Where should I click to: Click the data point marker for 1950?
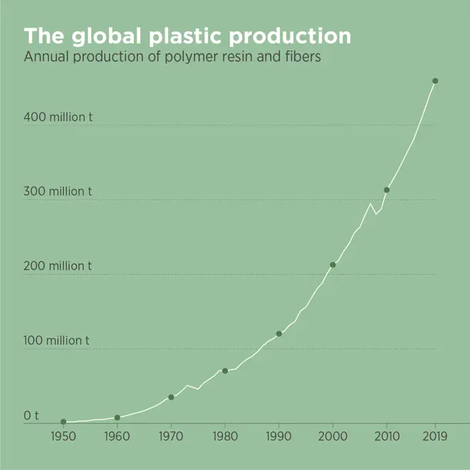[x=63, y=422]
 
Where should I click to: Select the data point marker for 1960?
[x=117, y=417]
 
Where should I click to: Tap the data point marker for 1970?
[x=171, y=397]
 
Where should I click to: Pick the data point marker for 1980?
[x=225, y=370]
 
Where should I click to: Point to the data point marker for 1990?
[x=278, y=333]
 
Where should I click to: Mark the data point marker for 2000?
[x=333, y=265]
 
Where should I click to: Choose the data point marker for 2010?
[x=387, y=189]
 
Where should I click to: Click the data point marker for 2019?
[x=435, y=81]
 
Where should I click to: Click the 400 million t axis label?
[x=58, y=117]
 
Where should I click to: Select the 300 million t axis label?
[x=58, y=192]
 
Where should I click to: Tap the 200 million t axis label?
[x=58, y=266]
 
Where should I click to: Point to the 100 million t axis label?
[x=58, y=340]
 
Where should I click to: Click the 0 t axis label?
[x=31, y=414]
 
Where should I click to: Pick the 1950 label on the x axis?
[x=63, y=437]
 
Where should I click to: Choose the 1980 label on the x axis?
[x=225, y=437]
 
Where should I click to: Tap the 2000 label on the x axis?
[x=333, y=437]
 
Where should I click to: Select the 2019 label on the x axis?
[x=435, y=437]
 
